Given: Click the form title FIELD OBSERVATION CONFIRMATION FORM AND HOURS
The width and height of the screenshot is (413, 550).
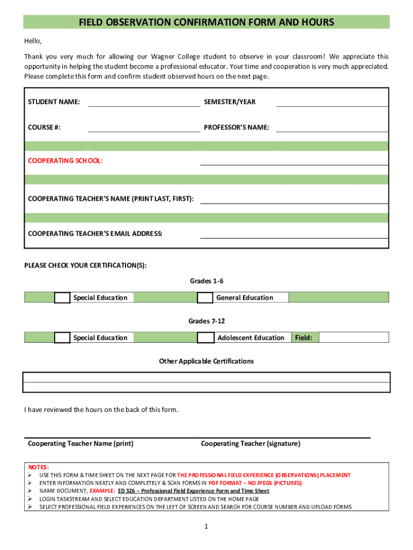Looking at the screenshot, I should pyautogui.click(x=206, y=22).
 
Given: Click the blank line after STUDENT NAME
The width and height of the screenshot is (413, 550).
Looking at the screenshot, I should pyautogui.click(x=144, y=102).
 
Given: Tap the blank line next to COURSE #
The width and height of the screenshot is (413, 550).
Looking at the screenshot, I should pyautogui.click(x=144, y=127).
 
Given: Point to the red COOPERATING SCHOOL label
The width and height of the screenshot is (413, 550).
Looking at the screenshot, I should pyautogui.click(x=65, y=161).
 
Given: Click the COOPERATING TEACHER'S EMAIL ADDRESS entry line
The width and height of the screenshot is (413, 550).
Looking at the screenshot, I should pyautogui.click(x=294, y=234).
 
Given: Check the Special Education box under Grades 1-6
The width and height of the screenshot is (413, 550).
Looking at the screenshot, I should pyautogui.click(x=62, y=298).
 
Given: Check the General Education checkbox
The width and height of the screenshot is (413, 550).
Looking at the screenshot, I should pyautogui.click(x=205, y=298).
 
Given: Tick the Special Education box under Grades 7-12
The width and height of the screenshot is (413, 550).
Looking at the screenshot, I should pyautogui.click(x=62, y=338).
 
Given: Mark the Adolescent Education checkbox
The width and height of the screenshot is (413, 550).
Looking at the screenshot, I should pyautogui.click(x=205, y=338).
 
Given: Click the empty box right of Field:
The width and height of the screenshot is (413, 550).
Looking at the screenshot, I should pyautogui.click(x=354, y=338).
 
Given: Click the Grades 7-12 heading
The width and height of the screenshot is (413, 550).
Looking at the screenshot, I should pyautogui.click(x=206, y=321).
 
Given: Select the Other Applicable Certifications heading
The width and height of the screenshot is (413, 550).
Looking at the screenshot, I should pyautogui.click(x=206, y=361).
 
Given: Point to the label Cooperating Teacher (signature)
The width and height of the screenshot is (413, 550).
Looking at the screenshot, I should pyautogui.click(x=250, y=444).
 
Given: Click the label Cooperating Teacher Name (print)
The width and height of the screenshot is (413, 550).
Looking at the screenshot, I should pyautogui.click(x=80, y=444).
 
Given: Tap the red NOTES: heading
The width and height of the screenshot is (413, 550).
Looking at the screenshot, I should pyautogui.click(x=39, y=467).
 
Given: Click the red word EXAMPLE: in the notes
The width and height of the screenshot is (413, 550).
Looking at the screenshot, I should pyautogui.click(x=102, y=491).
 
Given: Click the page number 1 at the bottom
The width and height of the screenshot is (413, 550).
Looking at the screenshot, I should pyautogui.click(x=205, y=527).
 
